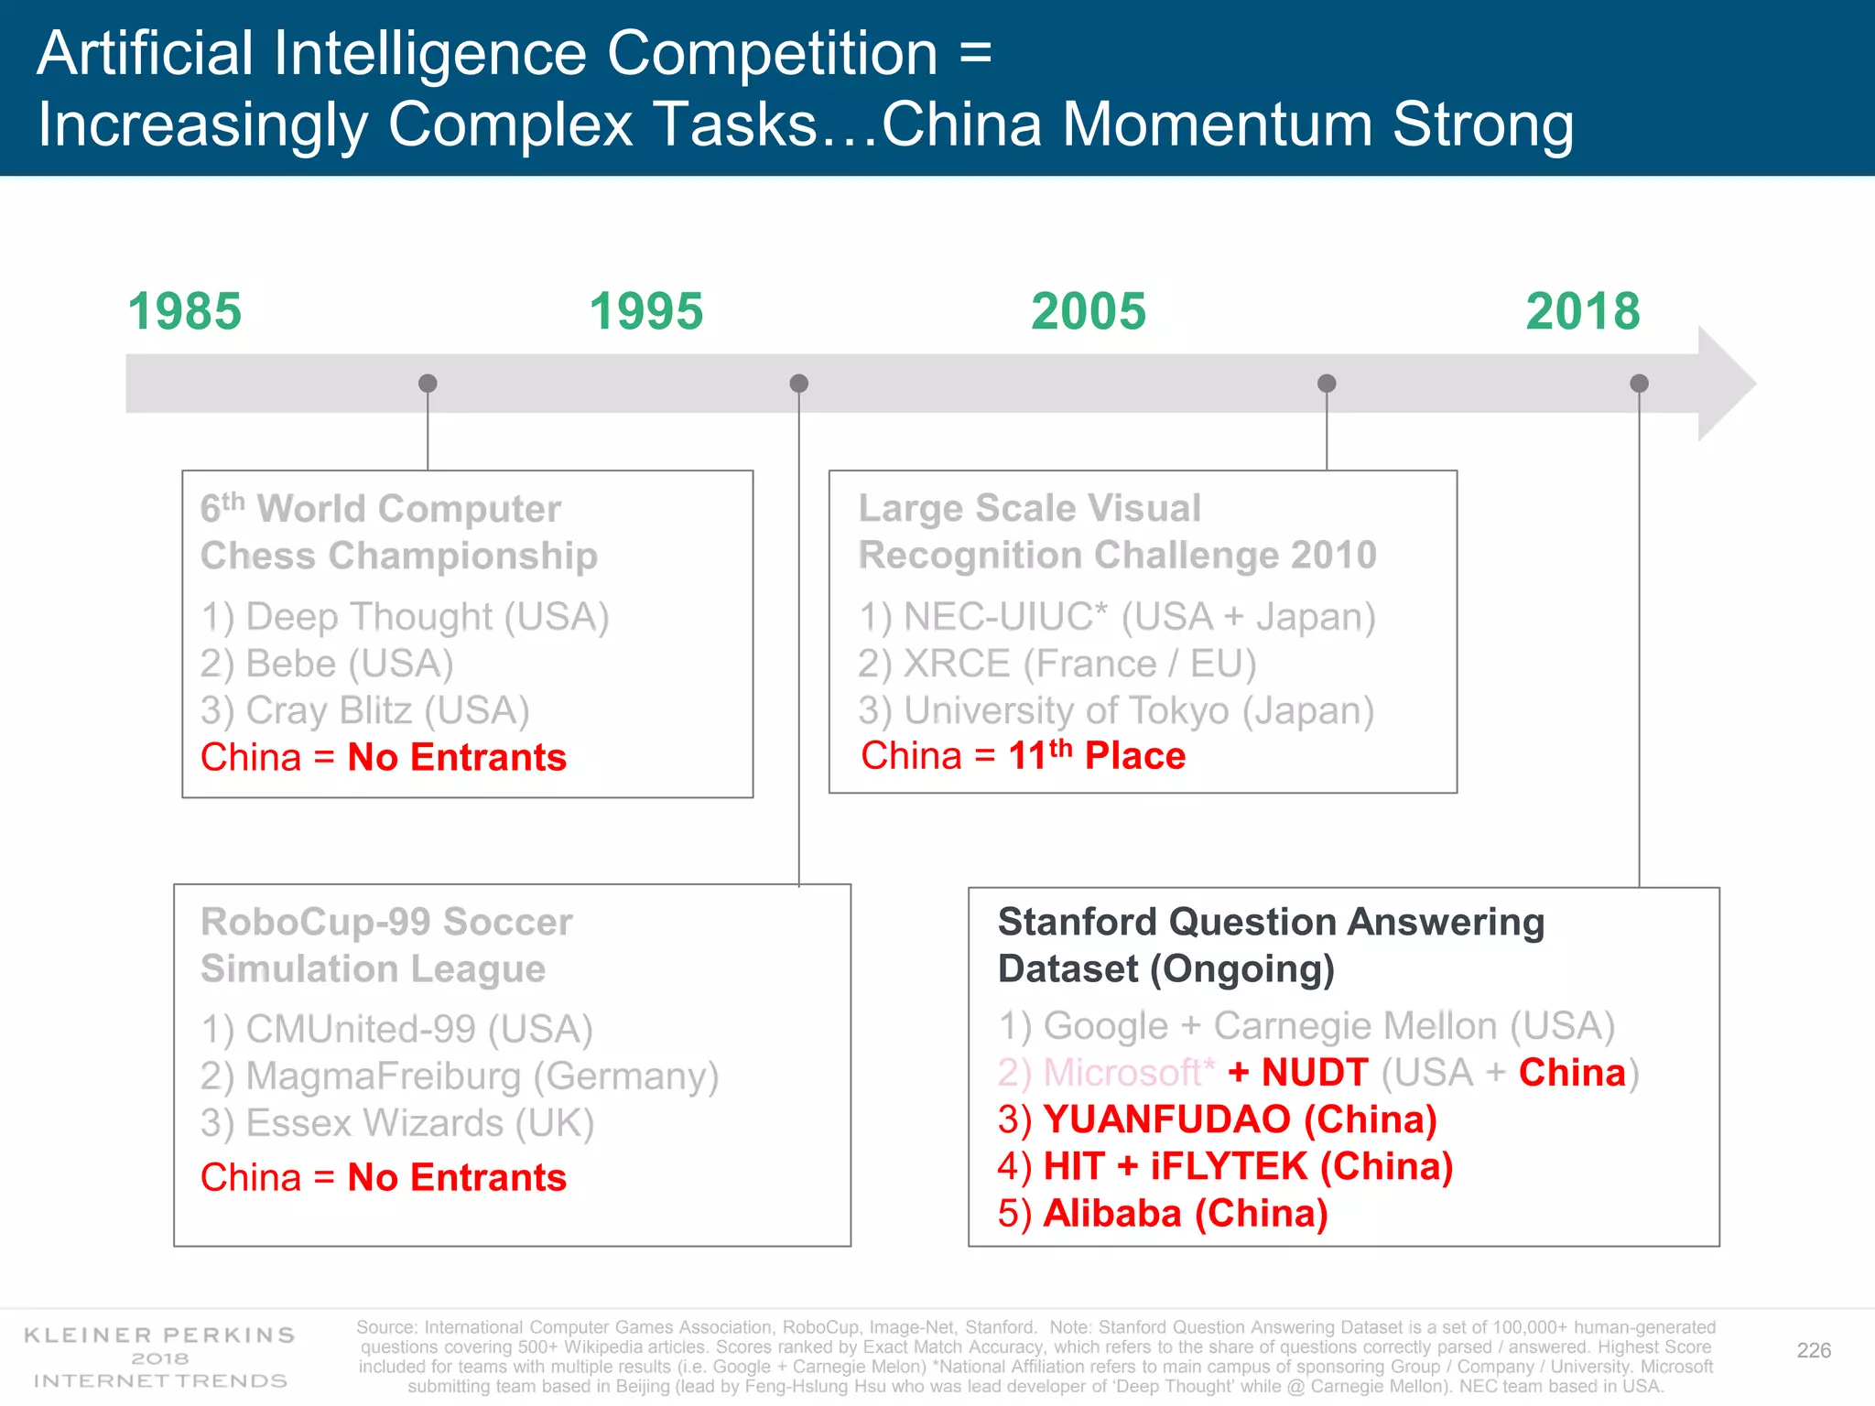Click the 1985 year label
[184, 311]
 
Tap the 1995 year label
[645, 311]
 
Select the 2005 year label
[1088, 311]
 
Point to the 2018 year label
[1583, 311]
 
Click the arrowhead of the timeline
[1726, 384]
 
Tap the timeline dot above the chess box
[428, 383]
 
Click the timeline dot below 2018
[1639, 383]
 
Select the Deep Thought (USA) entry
[405, 616]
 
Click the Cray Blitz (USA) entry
[365, 710]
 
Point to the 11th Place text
[1096, 756]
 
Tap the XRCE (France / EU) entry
[1057, 664]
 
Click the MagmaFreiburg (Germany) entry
[460, 1076]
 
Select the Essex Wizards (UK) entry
[397, 1123]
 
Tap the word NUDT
[1315, 1073]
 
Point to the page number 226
[1813, 1350]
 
